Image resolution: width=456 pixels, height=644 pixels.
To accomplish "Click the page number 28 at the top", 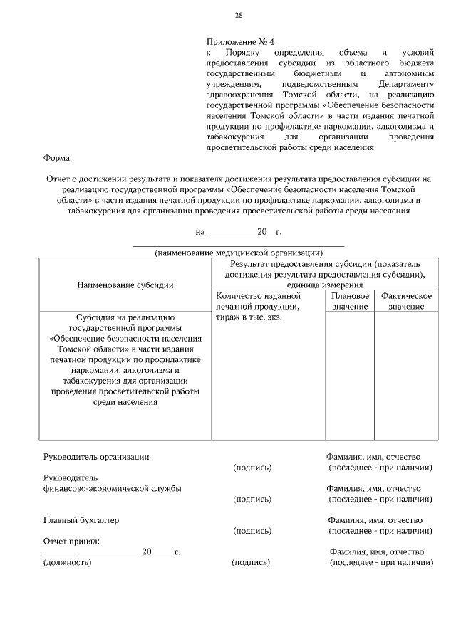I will [239, 16].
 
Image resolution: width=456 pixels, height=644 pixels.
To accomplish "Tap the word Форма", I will [56, 158].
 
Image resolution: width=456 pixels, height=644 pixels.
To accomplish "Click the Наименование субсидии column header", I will [125, 285].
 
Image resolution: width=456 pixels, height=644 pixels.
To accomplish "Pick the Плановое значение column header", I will [350, 300].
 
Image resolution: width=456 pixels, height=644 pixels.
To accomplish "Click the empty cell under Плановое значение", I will [350, 374].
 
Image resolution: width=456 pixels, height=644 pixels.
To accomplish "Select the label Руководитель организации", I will [96, 457].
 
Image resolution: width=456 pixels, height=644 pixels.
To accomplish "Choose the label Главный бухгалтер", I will [81, 520].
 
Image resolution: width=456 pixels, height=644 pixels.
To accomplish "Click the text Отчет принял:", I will [71, 542].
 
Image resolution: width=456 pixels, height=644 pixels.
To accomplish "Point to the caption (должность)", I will [67, 562].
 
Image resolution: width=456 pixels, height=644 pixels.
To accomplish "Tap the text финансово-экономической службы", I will [112, 488].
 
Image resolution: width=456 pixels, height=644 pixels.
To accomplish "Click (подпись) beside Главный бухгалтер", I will [252, 531].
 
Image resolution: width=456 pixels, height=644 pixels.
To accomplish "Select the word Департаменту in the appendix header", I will [407, 83].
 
